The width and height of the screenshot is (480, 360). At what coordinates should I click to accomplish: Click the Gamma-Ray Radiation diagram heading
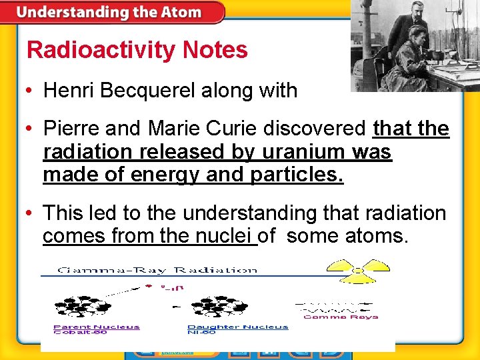coord(157,270)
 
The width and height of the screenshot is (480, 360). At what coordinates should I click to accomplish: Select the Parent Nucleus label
coord(96,327)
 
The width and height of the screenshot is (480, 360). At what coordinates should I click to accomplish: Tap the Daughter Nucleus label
coord(237,327)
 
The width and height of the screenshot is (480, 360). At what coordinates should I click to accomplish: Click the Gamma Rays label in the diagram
coord(341,317)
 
